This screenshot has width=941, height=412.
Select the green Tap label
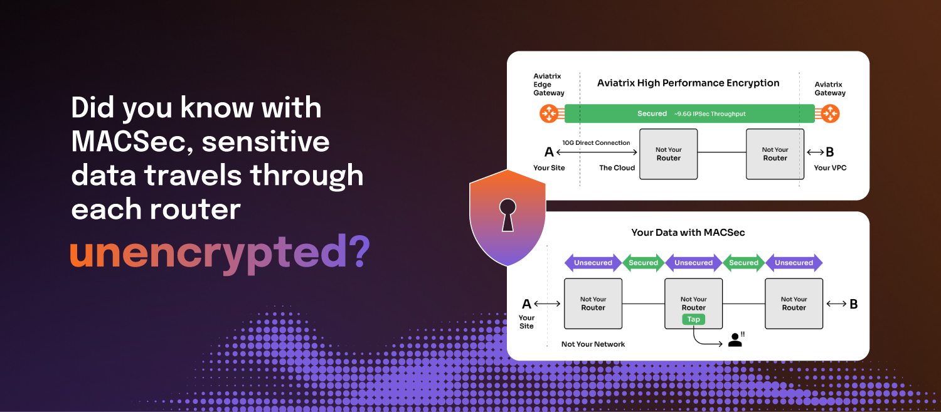tap(693, 319)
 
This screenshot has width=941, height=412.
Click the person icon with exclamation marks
tap(735, 340)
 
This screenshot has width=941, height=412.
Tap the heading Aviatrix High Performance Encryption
tap(688, 83)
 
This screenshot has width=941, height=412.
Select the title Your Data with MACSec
tap(688, 233)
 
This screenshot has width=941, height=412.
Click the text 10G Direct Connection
tap(597, 143)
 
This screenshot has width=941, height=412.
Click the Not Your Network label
tap(593, 344)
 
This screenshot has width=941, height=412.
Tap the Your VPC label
tap(830, 167)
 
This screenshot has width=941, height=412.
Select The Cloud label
tap(617, 167)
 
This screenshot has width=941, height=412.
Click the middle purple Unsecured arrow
tap(693, 263)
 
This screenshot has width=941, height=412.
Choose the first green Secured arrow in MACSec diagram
tap(643, 263)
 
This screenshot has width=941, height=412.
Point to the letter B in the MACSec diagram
tap(853, 304)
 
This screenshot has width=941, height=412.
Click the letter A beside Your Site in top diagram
tap(549, 152)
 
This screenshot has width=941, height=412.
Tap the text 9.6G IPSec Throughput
tap(710, 114)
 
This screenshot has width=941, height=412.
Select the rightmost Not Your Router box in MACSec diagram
tap(794, 304)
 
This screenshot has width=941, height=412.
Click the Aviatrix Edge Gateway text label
tap(548, 85)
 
